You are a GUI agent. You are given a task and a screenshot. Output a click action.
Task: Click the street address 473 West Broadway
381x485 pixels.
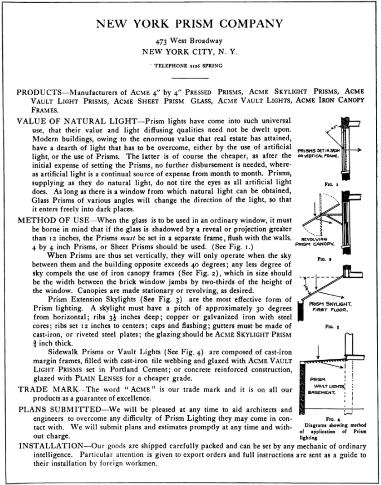189,41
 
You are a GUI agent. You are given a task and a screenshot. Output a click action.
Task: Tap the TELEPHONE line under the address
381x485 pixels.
189,66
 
